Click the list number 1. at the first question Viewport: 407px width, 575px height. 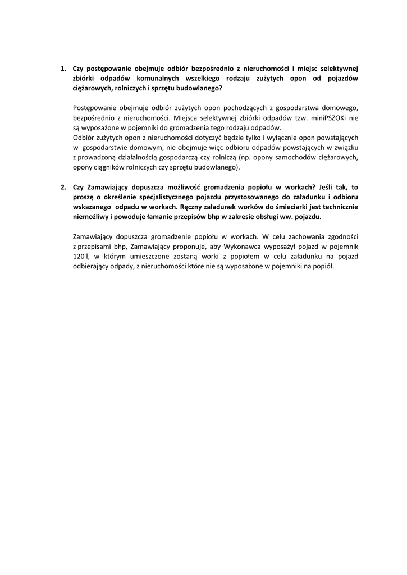click(x=63, y=69)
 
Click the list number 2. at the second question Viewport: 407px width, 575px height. click(x=63, y=188)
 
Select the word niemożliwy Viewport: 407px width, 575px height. click(x=91, y=217)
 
